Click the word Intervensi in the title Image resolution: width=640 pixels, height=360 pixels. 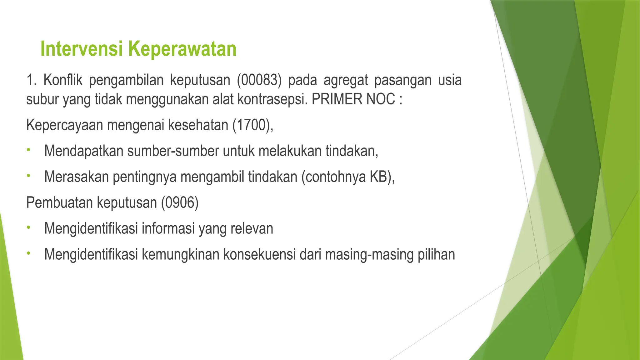(82, 49)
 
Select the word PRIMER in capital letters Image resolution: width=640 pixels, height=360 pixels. (336, 99)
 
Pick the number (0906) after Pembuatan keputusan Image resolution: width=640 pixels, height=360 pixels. (180, 202)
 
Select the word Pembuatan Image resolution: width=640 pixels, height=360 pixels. (60, 202)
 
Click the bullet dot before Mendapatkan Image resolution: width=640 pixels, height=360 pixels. (28, 150)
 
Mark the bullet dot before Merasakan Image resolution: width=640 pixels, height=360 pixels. (28, 176)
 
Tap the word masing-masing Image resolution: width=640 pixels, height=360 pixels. (369, 255)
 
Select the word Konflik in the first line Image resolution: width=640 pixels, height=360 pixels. (63, 80)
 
